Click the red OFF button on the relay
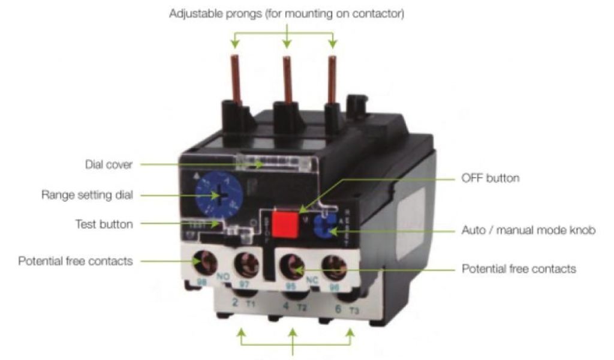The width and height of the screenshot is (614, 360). pyautogui.click(x=285, y=223)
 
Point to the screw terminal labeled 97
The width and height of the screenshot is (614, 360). pyautogui.click(x=245, y=263)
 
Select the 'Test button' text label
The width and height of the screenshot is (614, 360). pyautogui.click(x=104, y=224)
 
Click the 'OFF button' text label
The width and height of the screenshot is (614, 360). pyautogui.click(x=491, y=178)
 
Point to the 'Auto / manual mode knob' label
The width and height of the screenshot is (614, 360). pyautogui.click(x=528, y=230)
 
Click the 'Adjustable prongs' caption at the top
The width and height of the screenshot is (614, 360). pyautogui.click(x=287, y=14)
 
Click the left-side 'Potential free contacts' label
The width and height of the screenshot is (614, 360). pyautogui.click(x=76, y=261)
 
